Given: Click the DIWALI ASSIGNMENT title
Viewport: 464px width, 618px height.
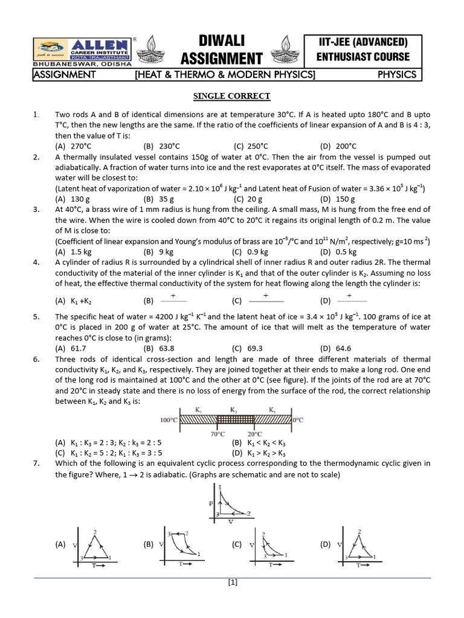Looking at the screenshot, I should [222, 49].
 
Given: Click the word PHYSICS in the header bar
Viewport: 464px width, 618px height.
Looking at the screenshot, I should [396, 75].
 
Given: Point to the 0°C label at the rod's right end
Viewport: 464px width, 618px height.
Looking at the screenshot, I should [299, 419].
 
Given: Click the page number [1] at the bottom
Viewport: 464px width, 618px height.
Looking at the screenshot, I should [233, 582].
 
